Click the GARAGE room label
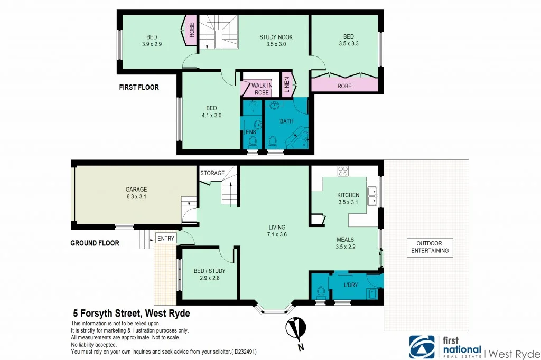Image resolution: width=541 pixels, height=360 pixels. click(x=136, y=189)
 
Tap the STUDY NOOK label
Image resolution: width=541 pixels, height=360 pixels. click(x=276, y=37)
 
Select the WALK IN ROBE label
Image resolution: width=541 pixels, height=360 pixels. click(x=262, y=89)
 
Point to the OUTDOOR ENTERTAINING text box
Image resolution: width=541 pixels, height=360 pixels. click(x=431, y=247)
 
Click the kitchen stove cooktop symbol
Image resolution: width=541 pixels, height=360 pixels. click(x=343, y=171)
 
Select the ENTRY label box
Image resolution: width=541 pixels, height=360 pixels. click(x=165, y=239)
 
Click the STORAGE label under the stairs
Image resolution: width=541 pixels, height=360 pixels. click(x=212, y=173)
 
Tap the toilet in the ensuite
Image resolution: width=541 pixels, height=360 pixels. click(x=252, y=141)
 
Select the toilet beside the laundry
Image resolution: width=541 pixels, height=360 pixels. click(x=320, y=291)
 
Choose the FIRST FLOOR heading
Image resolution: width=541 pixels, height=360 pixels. click(x=138, y=87)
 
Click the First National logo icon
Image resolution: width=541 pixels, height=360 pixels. click(x=421, y=347)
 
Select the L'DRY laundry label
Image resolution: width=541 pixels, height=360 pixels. click(x=350, y=285)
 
